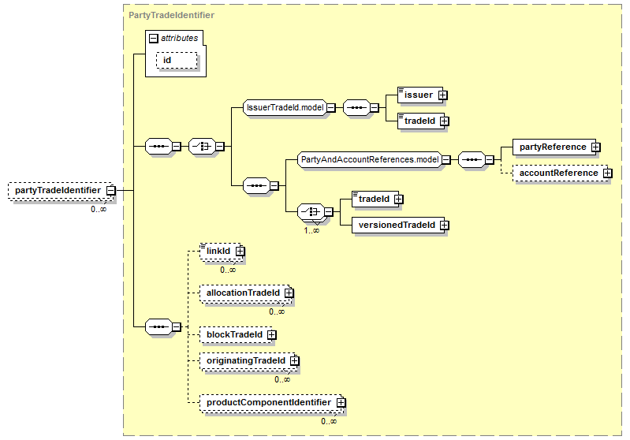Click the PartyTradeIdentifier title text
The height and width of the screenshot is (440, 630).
tap(171, 15)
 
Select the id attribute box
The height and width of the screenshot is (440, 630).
tap(177, 60)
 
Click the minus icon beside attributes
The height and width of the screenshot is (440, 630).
tap(154, 38)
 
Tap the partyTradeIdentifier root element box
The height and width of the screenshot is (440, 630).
tap(62, 191)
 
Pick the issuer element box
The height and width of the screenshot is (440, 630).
tap(420, 95)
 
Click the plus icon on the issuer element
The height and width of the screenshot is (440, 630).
tap(443, 95)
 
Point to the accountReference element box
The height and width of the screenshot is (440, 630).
tap(561, 173)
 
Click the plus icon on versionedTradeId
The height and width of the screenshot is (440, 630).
tap(445, 225)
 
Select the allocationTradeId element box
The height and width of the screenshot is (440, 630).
tap(245, 293)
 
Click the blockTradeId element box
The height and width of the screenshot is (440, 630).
tap(237, 334)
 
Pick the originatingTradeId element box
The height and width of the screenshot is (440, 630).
tap(248, 361)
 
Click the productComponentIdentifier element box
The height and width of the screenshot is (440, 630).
tap(271, 403)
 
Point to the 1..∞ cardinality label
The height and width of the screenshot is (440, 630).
tap(311, 231)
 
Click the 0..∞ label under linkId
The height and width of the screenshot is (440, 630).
tap(228, 270)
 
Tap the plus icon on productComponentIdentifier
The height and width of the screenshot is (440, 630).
tap(341, 403)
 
